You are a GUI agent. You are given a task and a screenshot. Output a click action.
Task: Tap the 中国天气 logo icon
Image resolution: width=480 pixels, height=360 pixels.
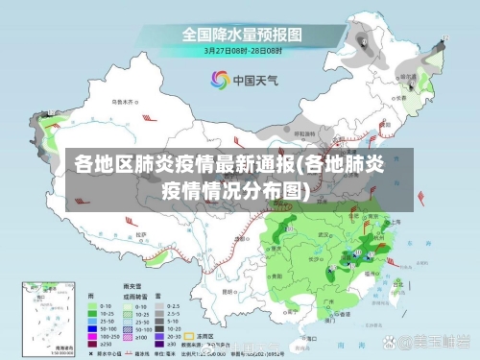[219, 81]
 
